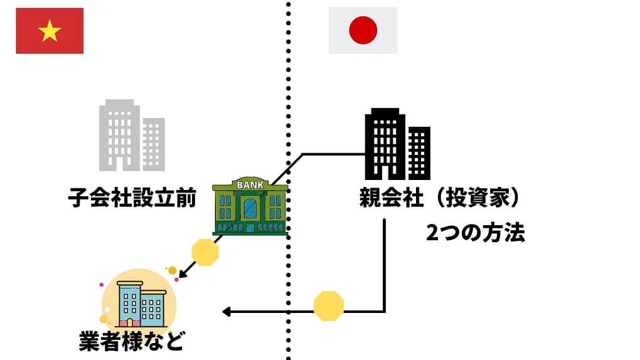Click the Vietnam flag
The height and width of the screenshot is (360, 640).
point(50,31)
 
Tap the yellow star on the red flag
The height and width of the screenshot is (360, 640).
point(50,31)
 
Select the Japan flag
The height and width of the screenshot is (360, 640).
point(363,30)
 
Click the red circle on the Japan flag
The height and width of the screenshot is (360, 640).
point(363,30)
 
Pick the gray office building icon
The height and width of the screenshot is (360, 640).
point(131,135)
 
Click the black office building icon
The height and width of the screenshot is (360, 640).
point(397,144)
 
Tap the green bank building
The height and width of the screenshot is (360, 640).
point(250,207)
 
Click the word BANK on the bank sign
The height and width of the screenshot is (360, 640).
point(250,185)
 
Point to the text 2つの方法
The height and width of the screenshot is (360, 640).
point(475,233)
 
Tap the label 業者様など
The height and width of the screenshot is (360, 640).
point(132,341)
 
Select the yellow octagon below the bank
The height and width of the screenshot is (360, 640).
point(205,252)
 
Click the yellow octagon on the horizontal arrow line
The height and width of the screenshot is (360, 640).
point(329,306)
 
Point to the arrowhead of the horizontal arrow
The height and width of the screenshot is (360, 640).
point(227,311)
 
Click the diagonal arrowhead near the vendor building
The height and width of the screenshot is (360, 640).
point(181,274)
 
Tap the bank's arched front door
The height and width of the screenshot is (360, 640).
point(250,209)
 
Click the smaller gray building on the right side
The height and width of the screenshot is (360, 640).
point(153,144)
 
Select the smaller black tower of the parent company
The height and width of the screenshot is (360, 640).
point(419,152)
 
